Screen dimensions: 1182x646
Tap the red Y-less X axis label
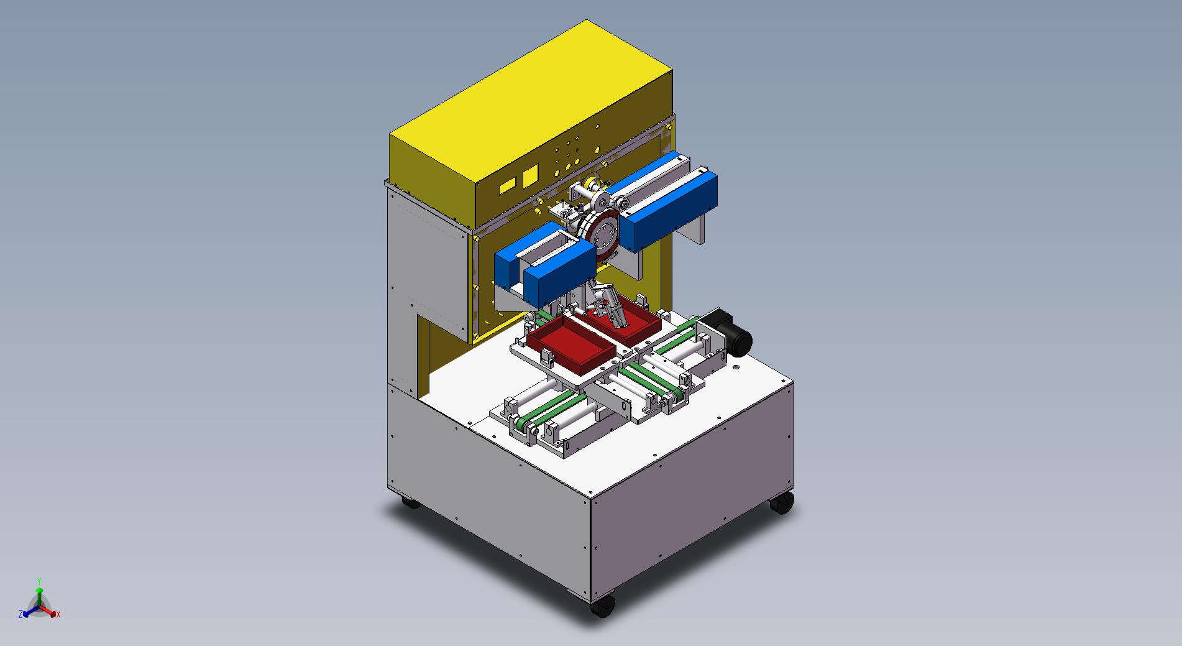[x=58, y=614]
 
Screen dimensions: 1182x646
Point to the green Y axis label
[x=39, y=581]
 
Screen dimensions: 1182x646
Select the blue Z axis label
[x=21, y=614]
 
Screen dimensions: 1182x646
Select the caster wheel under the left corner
[x=409, y=502]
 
